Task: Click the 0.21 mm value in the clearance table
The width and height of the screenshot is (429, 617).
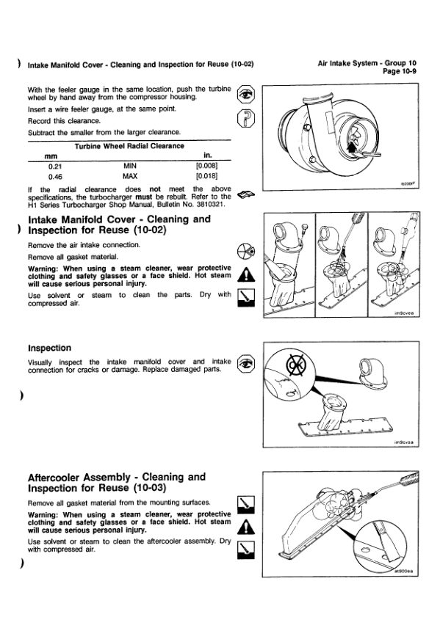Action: pos(55,166)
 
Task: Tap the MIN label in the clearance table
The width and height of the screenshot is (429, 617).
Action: pos(130,166)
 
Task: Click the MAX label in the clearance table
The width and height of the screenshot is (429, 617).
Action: pos(130,176)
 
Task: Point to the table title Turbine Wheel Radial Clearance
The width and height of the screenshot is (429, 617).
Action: pos(129,146)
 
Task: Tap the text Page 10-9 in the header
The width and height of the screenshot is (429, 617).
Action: pos(400,71)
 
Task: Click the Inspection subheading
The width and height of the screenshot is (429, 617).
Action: pos(50,348)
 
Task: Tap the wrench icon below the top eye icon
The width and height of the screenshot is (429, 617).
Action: pos(246,118)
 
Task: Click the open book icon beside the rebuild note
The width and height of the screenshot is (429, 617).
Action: pos(246,194)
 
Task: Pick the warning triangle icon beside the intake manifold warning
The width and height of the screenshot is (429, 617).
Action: pos(246,274)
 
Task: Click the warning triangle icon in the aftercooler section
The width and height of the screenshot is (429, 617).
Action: pos(246,527)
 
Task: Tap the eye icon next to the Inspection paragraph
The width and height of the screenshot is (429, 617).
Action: pos(246,364)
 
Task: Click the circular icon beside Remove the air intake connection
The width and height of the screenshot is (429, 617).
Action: pos(246,251)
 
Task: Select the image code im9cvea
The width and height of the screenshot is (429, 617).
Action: pos(404,313)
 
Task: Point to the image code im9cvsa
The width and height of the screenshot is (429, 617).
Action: pos(404,442)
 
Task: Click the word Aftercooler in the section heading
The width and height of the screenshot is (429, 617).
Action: pos(57,478)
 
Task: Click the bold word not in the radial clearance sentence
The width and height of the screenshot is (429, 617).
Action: pos(155,189)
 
